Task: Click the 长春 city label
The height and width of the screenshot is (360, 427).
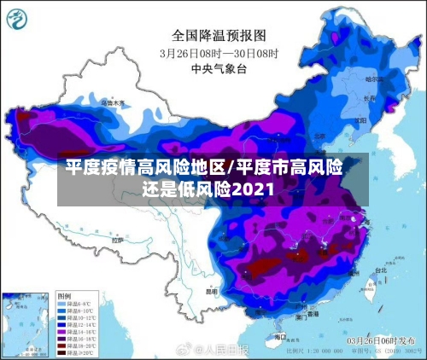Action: tap(370, 97)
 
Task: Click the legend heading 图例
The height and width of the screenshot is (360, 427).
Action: tap(65, 295)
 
